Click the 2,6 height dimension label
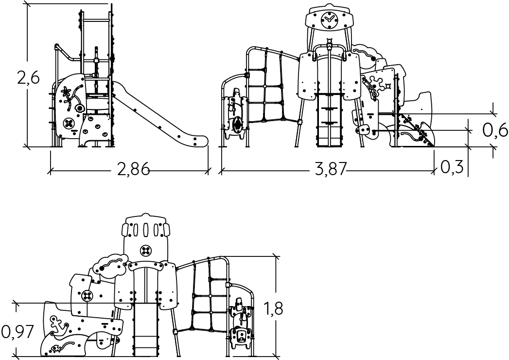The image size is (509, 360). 28,78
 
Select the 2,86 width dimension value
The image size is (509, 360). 133,169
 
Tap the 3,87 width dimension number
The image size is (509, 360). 331,169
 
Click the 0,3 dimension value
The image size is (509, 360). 452,167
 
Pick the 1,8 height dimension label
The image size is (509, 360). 273,308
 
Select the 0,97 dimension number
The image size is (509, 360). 18,332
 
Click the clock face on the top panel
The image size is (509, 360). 329,20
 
